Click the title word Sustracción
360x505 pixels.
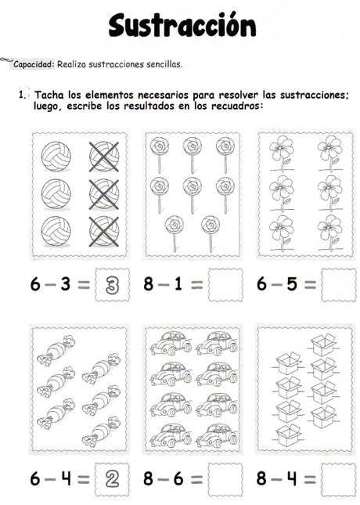coord(182,25)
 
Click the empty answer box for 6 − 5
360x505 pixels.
coord(338,285)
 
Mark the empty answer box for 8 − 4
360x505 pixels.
coord(338,479)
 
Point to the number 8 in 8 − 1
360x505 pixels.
coord(149,285)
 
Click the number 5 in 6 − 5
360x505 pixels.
coord(290,285)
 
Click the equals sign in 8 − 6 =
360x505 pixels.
coord(196,479)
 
